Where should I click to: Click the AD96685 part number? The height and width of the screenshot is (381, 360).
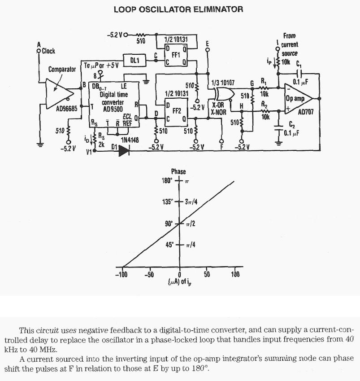click(x=66, y=109)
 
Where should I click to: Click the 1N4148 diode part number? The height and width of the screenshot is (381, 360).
click(x=130, y=140)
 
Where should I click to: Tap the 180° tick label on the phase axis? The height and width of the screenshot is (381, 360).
click(x=166, y=180)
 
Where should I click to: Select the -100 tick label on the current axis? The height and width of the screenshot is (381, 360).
click(x=121, y=275)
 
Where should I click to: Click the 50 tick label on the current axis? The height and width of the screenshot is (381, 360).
click(x=207, y=275)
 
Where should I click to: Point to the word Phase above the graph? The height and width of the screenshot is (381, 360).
click(x=178, y=171)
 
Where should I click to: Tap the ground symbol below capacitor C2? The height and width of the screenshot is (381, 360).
click(x=279, y=144)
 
